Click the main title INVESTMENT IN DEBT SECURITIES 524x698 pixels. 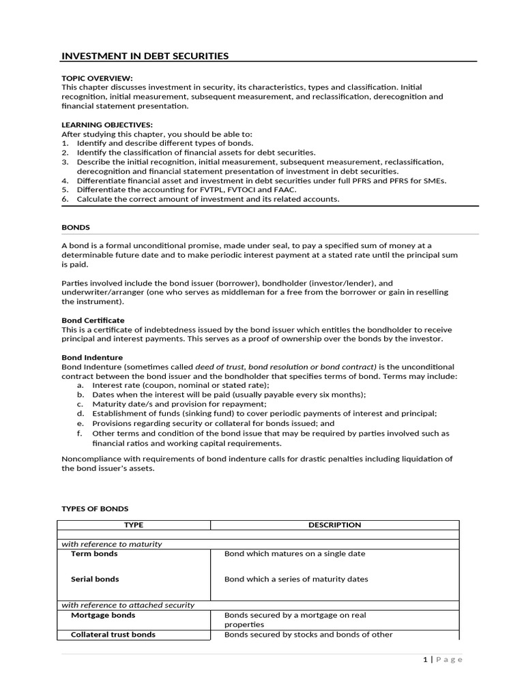(x=145, y=56)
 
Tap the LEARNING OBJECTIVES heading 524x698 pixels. (x=107, y=125)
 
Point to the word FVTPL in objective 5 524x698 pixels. (x=195, y=189)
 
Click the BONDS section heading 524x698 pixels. (x=76, y=227)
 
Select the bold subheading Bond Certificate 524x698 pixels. (x=93, y=320)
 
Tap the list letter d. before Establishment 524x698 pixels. (x=80, y=413)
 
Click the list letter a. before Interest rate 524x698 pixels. (x=80, y=385)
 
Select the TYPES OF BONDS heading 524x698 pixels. (x=95, y=509)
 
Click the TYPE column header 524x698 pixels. (x=133, y=525)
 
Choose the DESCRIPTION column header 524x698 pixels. (x=334, y=525)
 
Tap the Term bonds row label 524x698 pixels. (x=94, y=553)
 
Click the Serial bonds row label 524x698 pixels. (x=95, y=579)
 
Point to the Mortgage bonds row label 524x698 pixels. (x=103, y=615)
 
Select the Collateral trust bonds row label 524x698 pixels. (x=113, y=634)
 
